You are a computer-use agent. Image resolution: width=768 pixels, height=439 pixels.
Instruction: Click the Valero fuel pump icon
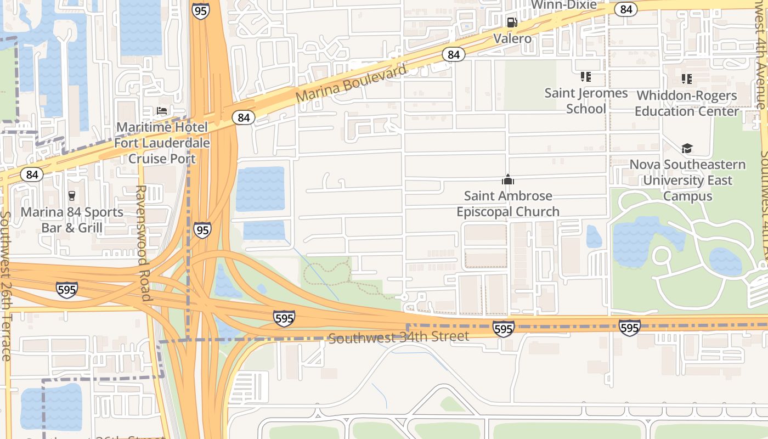click(x=512, y=22)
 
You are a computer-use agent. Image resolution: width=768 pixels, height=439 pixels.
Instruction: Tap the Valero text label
click(x=512, y=38)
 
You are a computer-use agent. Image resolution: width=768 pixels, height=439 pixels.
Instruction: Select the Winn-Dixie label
click(x=564, y=5)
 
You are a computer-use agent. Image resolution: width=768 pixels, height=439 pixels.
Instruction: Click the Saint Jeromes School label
click(x=586, y=100)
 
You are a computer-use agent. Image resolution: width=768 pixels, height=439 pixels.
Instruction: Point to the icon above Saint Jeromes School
click(x=586, y=77)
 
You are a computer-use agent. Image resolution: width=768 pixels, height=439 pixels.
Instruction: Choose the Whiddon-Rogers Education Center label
click(x=687, y=103)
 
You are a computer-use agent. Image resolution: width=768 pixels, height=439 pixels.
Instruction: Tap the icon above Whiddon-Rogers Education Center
click(x=687, y=79)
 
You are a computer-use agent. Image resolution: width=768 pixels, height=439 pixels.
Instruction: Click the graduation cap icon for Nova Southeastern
click(x=687, y=148)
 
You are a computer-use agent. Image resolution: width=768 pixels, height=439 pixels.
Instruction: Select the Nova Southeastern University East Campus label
click(x=687, y=180)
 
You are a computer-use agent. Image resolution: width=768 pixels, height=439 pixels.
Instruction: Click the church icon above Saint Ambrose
click(x=508, y=179)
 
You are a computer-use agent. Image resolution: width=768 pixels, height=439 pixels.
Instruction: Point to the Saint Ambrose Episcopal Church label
click(x=508, y=204)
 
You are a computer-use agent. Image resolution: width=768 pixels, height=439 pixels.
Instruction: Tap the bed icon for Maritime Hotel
click(x=162, y=111)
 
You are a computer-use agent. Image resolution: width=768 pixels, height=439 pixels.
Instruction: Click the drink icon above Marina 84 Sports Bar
click(x=71, y=196)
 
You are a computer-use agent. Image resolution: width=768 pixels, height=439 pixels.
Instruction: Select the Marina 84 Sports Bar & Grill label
click(x=72, y=219)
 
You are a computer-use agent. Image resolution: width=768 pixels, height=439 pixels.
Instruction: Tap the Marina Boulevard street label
click(x=352, y=83)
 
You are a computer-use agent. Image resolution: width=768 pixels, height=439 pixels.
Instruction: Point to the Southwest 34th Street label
click(x=399, y=336)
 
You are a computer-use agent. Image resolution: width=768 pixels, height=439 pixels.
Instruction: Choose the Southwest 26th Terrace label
click(x=5, y=285)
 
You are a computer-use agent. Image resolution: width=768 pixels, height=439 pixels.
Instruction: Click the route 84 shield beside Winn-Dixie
click(x=625, y=9)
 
